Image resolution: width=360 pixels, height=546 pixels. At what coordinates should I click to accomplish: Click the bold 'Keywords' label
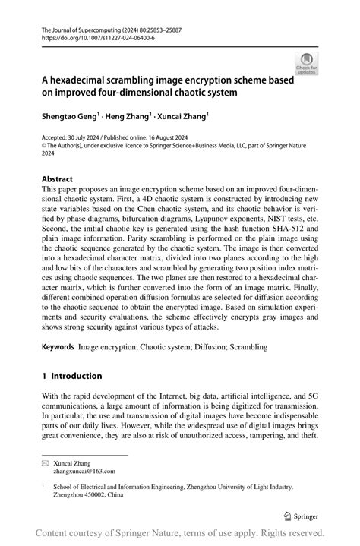(x=58, y=346)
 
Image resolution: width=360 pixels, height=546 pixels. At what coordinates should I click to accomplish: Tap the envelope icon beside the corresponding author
(x=46, y=462)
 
